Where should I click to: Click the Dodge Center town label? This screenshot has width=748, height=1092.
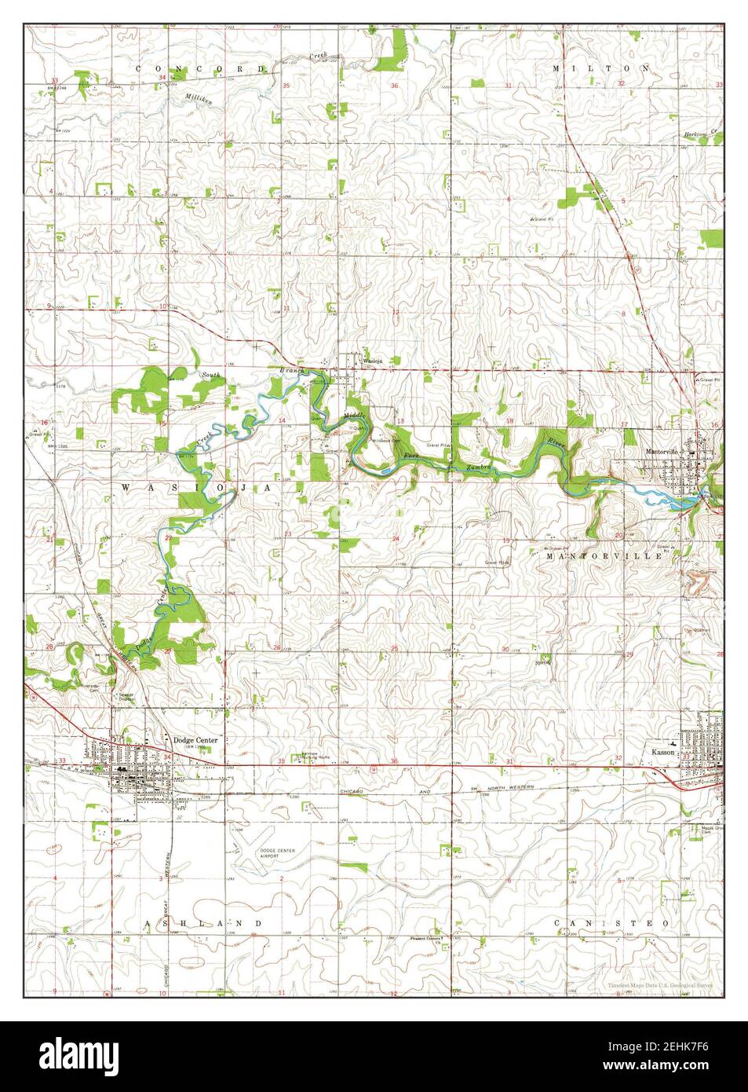click(x=195, y=739)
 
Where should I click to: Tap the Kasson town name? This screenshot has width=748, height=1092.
click(x=664, y=751)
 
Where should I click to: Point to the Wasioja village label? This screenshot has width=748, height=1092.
click(x=372, y=361)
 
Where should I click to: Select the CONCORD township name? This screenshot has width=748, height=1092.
click(x=202, y=68)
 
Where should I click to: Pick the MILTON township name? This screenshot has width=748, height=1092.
click(x=600, y=68)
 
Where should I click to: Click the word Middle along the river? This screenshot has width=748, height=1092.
click(x=355, y=415)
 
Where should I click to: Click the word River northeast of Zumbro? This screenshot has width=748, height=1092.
click(x=556, y=442)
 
